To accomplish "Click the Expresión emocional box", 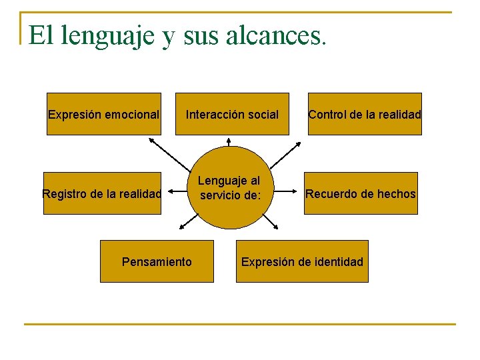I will pos(103,114).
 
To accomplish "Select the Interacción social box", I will pos(232,114).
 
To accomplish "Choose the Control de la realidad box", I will pos(365,114).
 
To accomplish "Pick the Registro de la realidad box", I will pos(102,194).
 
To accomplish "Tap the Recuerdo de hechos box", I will pos(361,194).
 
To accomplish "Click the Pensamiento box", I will pos(157,261).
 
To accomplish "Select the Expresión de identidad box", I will pos(302,261).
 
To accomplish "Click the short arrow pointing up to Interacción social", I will pos(229,143).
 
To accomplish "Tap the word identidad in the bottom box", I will pos(338,261).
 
